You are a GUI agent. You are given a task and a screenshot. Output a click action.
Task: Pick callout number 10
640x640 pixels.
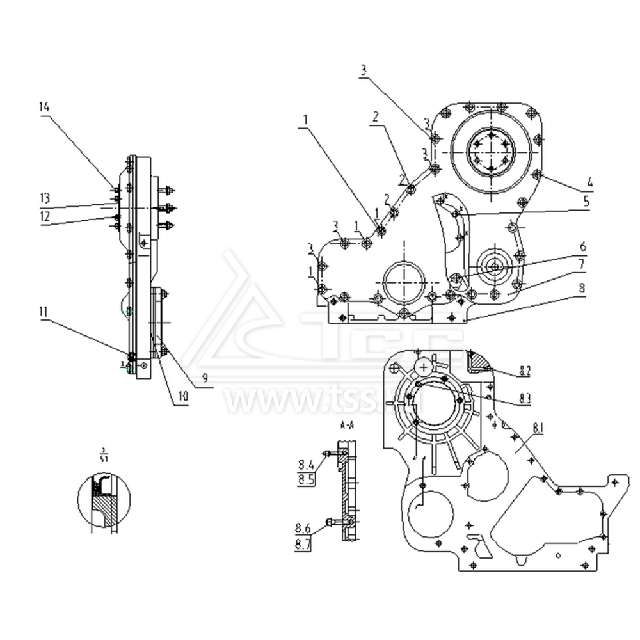(x=183, y=397)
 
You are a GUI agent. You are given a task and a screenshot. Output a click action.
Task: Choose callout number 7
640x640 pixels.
(x=583, y=264)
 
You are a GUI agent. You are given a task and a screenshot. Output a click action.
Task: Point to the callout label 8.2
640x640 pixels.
(x=525, y=370)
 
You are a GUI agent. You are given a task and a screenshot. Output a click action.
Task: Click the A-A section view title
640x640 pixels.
(x=348, y=424)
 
